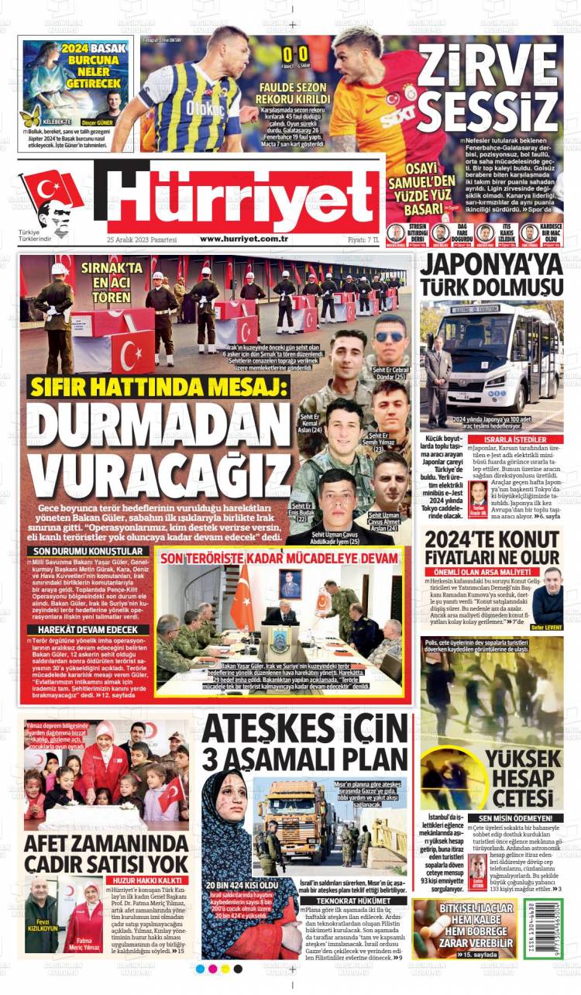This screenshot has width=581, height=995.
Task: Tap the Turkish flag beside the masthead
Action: click(53, 191)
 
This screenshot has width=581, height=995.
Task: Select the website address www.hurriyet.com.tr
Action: click(243, 239)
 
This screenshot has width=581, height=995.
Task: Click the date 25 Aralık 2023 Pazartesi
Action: click(142, 239)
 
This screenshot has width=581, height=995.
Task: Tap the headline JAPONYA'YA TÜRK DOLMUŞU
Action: click(491, 275)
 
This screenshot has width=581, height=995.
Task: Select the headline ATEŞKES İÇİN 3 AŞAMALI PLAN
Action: click(304, 745)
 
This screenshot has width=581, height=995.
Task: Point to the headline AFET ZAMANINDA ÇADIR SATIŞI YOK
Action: click(105, 853)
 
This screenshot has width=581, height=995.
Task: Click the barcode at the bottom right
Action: click(552, 928)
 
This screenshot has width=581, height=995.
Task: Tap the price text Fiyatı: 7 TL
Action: click(364, 239)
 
